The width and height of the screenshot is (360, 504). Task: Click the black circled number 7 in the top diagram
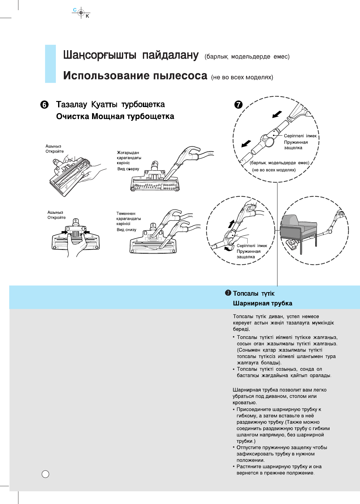click(x=238, y=104)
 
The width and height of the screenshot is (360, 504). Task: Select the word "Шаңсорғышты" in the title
click(x=100, y=55)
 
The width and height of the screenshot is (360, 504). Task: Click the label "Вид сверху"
click(x=128, y=169)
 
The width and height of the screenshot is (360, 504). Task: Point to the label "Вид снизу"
click(x=126, y=230)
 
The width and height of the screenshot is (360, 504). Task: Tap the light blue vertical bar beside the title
click(x=50, y=64)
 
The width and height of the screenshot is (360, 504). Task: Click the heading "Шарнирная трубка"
click(x=263, y=303)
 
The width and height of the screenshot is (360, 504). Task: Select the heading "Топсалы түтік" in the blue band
click(x=254, y=293)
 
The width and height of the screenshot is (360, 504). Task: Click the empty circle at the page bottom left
click(x=46, y=474)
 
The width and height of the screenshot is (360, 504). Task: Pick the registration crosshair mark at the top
click(x=81, y=13)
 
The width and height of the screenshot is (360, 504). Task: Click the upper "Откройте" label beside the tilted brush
click(x=55, y=151)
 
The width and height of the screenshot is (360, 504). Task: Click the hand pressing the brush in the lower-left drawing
click(x=76, y=245)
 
